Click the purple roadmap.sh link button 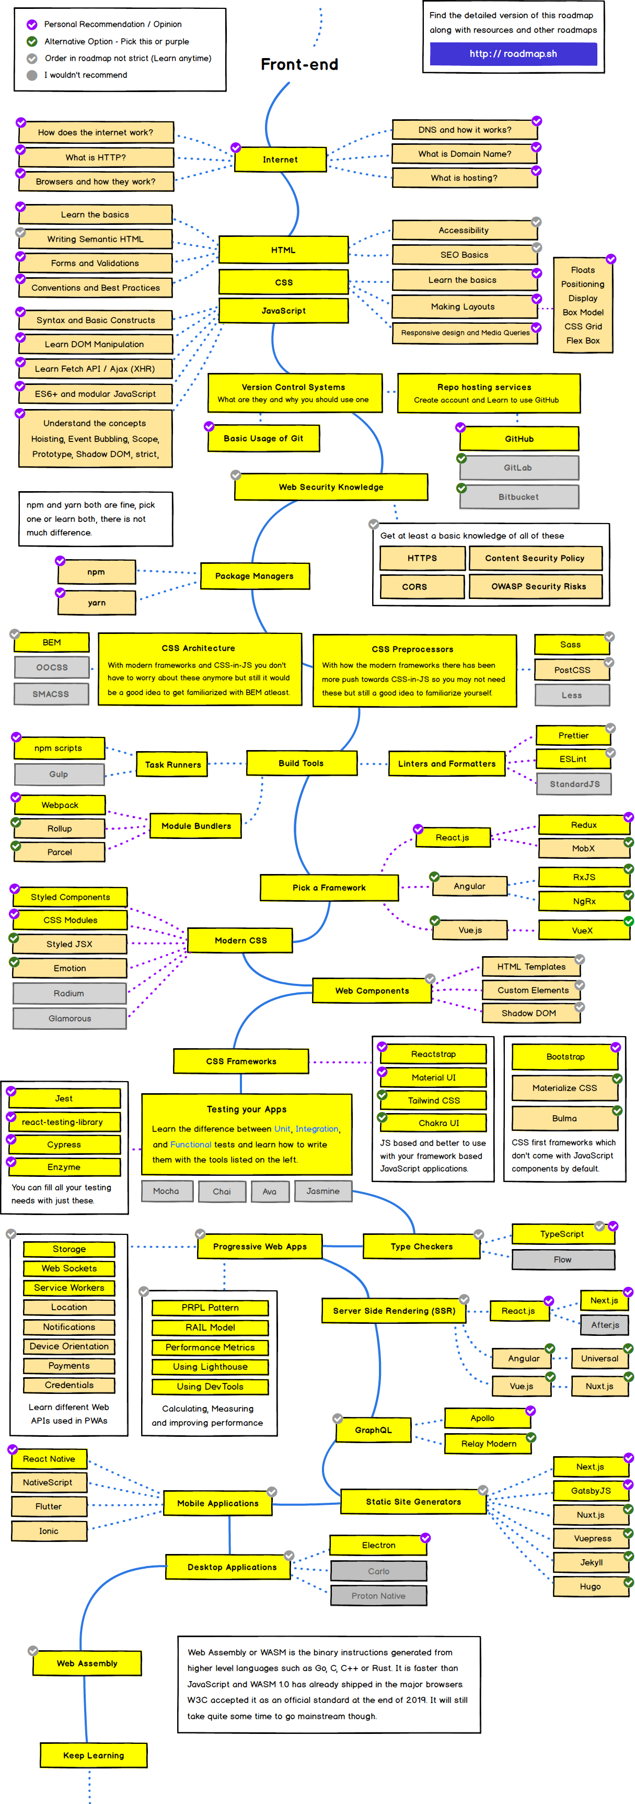point(513,54)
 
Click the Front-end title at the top point(299,64)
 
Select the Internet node point(280,160)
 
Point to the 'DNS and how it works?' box point(465,130)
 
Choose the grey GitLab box point(518,468)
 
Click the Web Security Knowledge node point(330,487)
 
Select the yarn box point(97,603)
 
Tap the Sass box point(571,645)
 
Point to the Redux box point(583,825)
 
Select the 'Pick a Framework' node point(329,887)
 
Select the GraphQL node point(373,1430)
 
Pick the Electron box point(378,1545)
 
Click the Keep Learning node point(93,1755)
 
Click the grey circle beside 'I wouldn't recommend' point(31,75)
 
